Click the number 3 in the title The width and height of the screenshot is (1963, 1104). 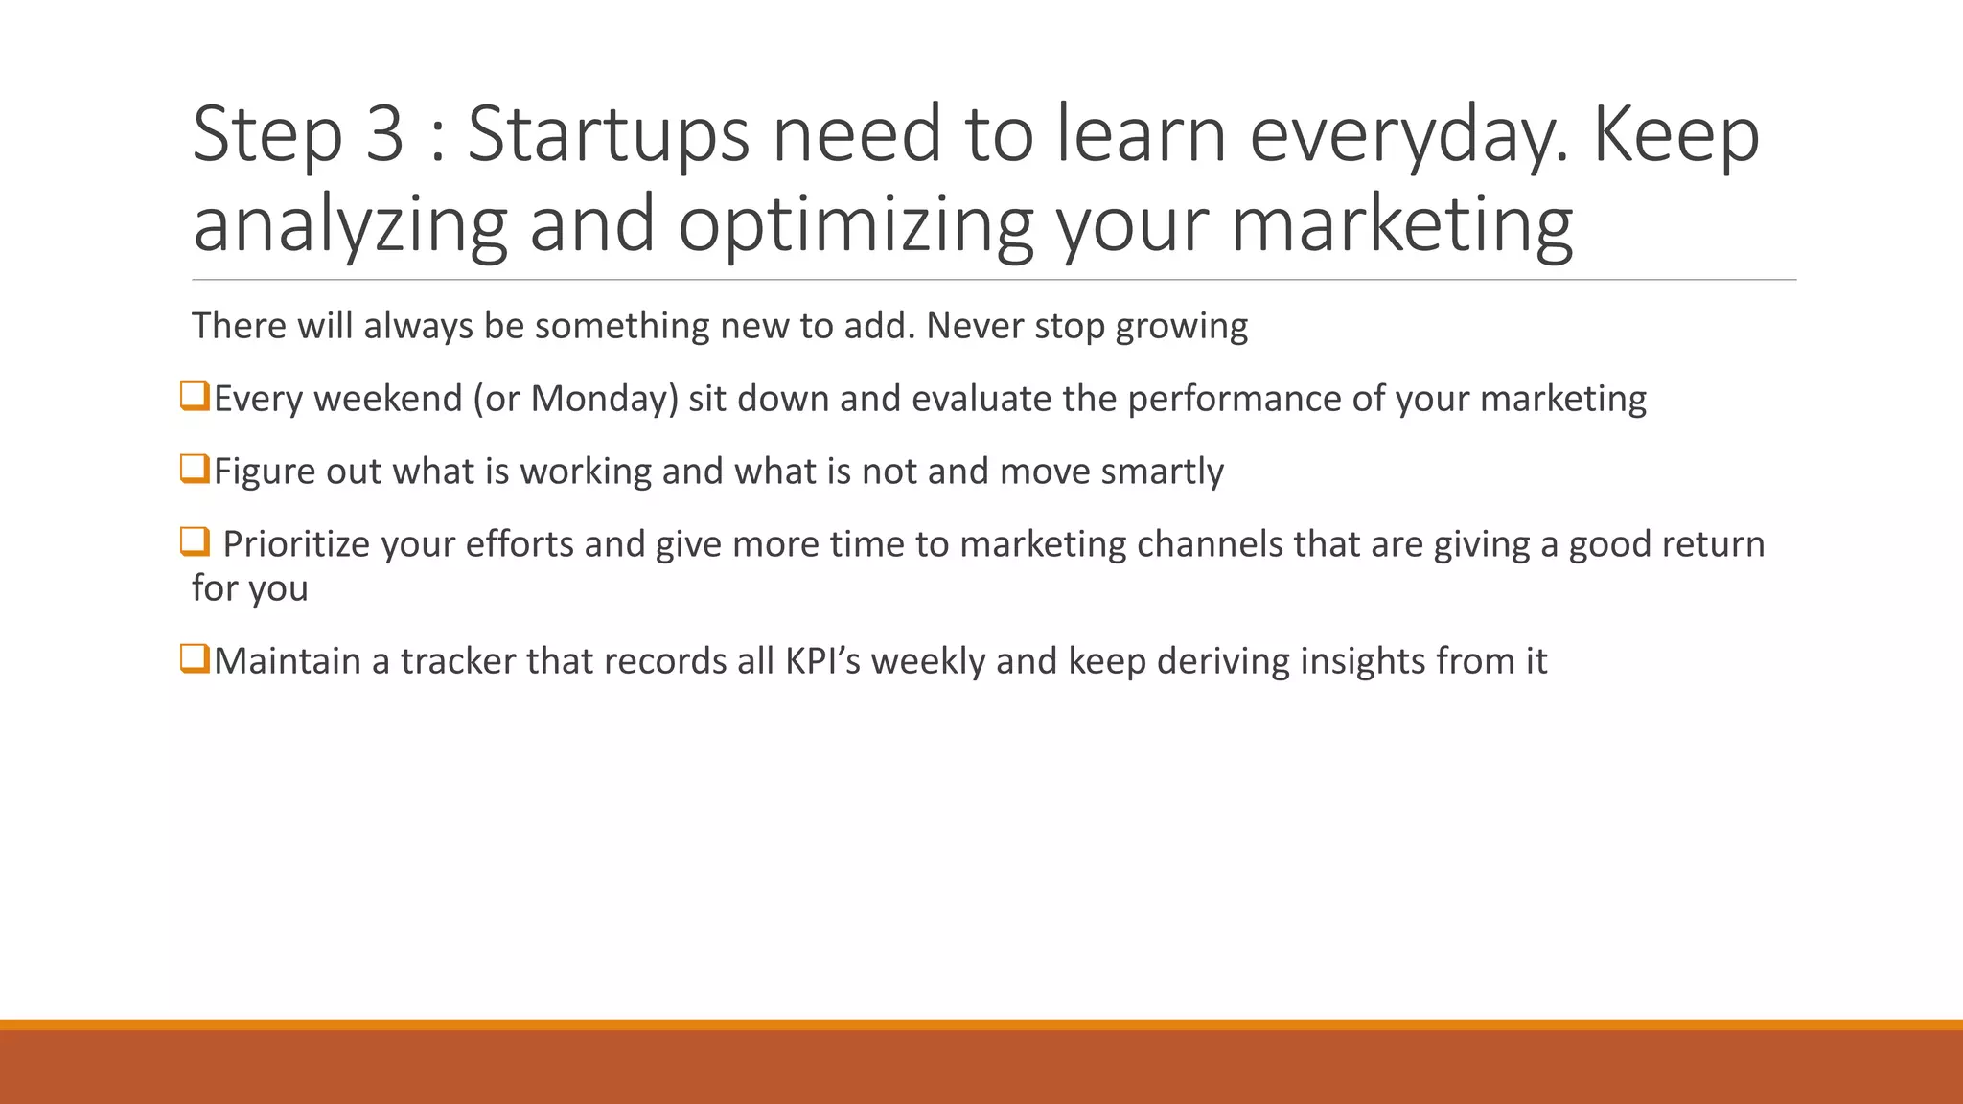384,134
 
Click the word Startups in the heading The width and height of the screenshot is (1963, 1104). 608,134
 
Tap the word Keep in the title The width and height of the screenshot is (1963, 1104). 1675,134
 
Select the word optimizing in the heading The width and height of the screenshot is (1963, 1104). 856,224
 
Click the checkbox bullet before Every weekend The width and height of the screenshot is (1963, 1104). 195,396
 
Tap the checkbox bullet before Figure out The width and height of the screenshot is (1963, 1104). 195,469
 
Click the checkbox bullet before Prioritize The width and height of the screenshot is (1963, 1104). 195,541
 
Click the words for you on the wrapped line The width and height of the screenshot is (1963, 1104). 250,588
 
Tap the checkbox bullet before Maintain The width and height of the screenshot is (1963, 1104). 195,658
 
